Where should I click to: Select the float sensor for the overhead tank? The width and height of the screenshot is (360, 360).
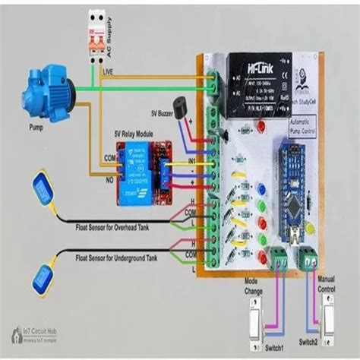[x=41, y=190]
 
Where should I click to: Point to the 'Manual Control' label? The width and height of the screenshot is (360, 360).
[x=327, y=286]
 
